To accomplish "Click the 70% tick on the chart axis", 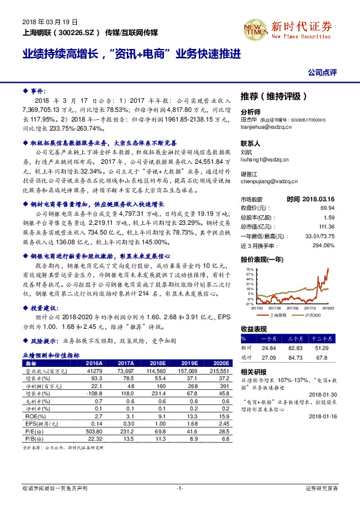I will [248, 270].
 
